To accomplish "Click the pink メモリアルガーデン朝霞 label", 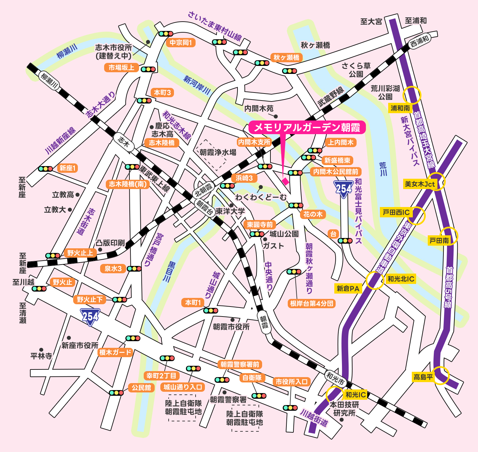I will [307, 127].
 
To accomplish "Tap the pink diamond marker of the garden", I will [285, 181].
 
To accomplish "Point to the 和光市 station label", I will [335, 378].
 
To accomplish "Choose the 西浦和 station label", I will [419, 42].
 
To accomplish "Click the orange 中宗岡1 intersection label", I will [181, 43].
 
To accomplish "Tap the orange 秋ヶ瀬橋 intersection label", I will [286, 58].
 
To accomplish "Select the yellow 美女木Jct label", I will [420, 184].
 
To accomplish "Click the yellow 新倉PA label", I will [348, 289].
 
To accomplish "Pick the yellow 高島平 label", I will [423, 377].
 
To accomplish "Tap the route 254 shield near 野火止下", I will [90, 317].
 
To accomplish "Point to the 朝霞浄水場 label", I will [218, 152].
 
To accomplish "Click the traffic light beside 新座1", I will [46, 169].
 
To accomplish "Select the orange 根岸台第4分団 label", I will [312, 304].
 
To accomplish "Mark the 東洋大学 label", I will [230, 211].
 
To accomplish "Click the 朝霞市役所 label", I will [231, 327].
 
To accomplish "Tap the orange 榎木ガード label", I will [115, 352].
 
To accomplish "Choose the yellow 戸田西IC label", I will [396, 212].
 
